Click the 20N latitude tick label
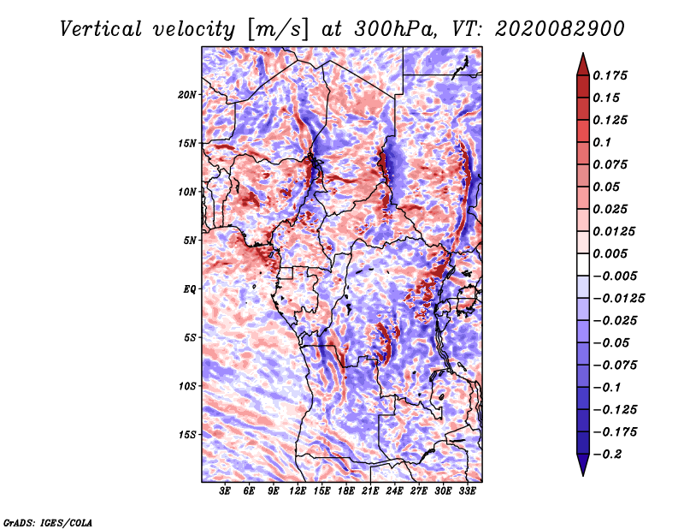coord(186,95)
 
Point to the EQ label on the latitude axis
coord(189,289)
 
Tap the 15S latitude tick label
coord(187,435)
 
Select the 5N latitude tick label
coord(190,241)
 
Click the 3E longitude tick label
coord(225,491)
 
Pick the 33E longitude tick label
coord(467,491)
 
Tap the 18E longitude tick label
coord(346,491)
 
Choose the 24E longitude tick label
coord(394,491)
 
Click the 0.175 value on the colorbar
coord(610,75)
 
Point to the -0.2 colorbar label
coord(607,455)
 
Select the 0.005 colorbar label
coord(610,253)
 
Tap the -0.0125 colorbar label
coord(618,299)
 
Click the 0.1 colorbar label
coord(602,142)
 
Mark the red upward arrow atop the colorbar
coord(583,64)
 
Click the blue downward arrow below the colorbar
coord(583,465)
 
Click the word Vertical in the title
coord(101,29)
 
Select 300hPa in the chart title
coord(396,29)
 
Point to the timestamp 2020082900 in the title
coord(560,29)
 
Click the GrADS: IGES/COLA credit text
coord(48,522)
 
